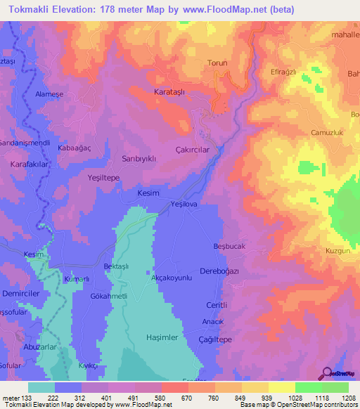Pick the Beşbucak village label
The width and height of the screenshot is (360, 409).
[x=229, y=247]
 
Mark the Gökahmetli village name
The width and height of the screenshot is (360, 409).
[x=109, y=297]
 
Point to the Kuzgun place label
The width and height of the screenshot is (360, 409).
[x=338, y=250]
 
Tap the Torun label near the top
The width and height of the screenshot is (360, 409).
[x=217, y=63]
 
